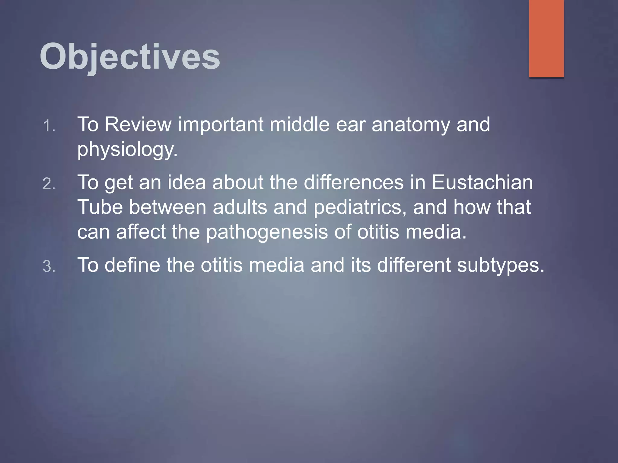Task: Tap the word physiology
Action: tap(127, 150)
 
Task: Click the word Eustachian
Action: tap(482, 182)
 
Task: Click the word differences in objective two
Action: tap(353, 182)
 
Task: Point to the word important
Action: tap(221, 125)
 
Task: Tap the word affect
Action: tap(141, 232)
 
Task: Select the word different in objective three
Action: tap(414, 265)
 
